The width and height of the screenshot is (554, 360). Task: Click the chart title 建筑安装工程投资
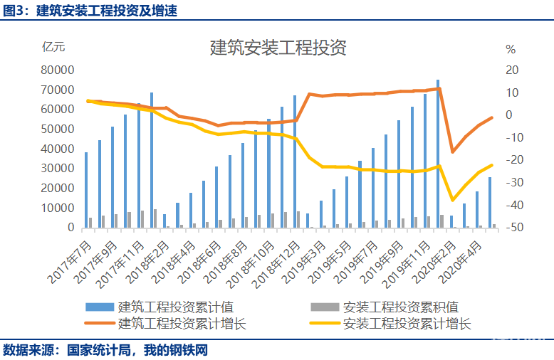(x=278, y=48)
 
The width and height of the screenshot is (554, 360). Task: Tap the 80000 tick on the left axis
(x=58, y=70)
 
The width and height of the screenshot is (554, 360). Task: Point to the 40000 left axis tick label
(x=58, y=149)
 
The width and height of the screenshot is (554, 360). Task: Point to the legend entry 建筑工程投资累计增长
(x=182, y=324)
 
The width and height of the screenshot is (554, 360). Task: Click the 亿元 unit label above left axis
(x=53, y=47)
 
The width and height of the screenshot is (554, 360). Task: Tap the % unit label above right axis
(x=510, y=49)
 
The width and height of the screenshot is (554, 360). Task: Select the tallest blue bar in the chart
(x=438, y=153)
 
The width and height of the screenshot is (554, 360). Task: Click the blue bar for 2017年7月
(x=86, y=189)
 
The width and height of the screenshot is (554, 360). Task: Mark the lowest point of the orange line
(x=451, y=152)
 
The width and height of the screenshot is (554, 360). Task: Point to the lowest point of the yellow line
(x=451, y=201)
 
